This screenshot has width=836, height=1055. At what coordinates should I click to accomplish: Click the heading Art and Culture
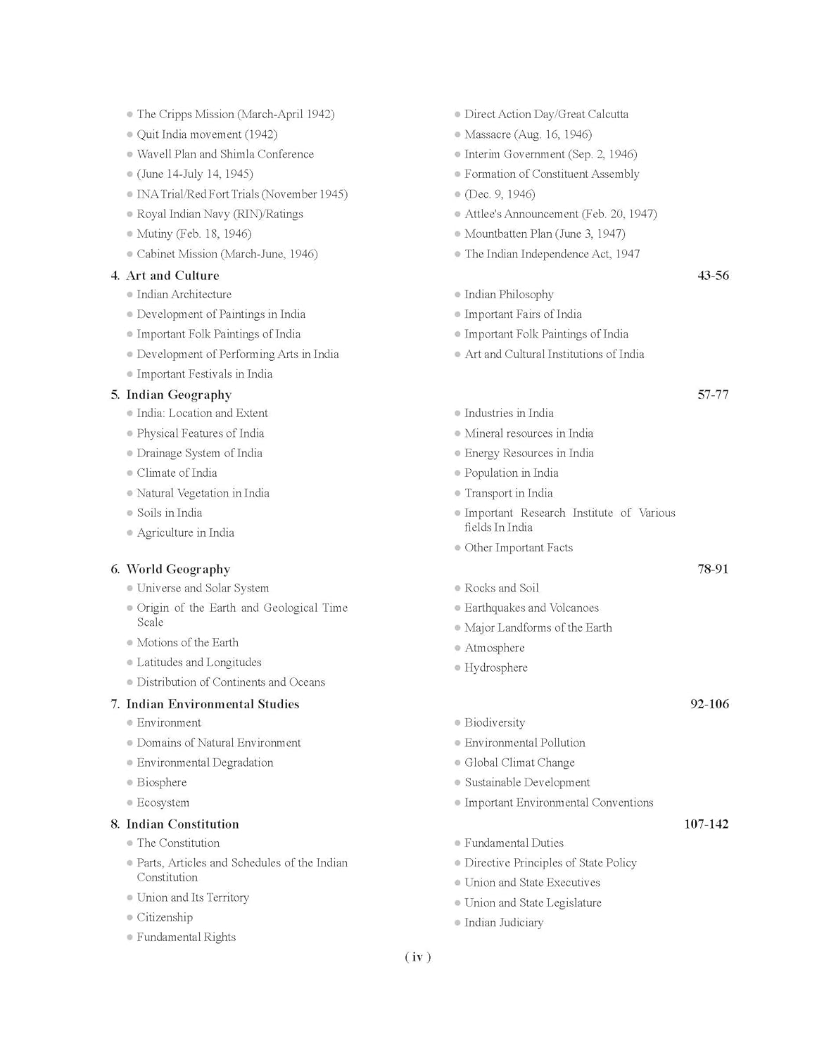pos(172,276)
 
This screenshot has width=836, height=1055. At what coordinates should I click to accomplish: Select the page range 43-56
pos(713,276)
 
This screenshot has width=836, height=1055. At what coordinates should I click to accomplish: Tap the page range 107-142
pos(706,824)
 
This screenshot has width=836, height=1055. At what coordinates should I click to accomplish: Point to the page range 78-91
pos(713,570)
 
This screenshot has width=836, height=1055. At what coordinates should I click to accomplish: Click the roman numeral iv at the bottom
pos(418,957)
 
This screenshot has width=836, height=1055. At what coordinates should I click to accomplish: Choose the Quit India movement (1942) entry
pos(207,134)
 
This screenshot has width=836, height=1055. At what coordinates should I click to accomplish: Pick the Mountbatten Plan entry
pos(545,234)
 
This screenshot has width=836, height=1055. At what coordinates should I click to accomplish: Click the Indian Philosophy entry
pos(509,295)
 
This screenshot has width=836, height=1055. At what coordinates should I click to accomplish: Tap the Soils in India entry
pos(170,513)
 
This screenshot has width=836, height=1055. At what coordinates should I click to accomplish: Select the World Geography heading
pos(178,570)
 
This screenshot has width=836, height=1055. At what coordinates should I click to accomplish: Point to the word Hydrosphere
pos(496,668)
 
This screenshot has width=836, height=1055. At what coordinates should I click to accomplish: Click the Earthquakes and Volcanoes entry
pos(531,608)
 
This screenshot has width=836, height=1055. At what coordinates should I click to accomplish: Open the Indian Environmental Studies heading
pos(213,705)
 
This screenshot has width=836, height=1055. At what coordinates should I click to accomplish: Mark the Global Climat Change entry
pos(519,763)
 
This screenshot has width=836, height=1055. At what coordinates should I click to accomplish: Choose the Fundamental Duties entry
pos(514,843)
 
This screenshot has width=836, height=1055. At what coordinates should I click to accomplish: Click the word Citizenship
pos(165,918)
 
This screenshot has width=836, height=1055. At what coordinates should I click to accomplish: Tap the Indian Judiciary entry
pos(504,923)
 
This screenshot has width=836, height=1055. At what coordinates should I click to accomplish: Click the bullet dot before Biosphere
pos(129,783)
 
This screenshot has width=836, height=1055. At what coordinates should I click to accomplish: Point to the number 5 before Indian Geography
pos(114,395)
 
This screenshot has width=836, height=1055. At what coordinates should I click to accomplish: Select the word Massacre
pos(488,134)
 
